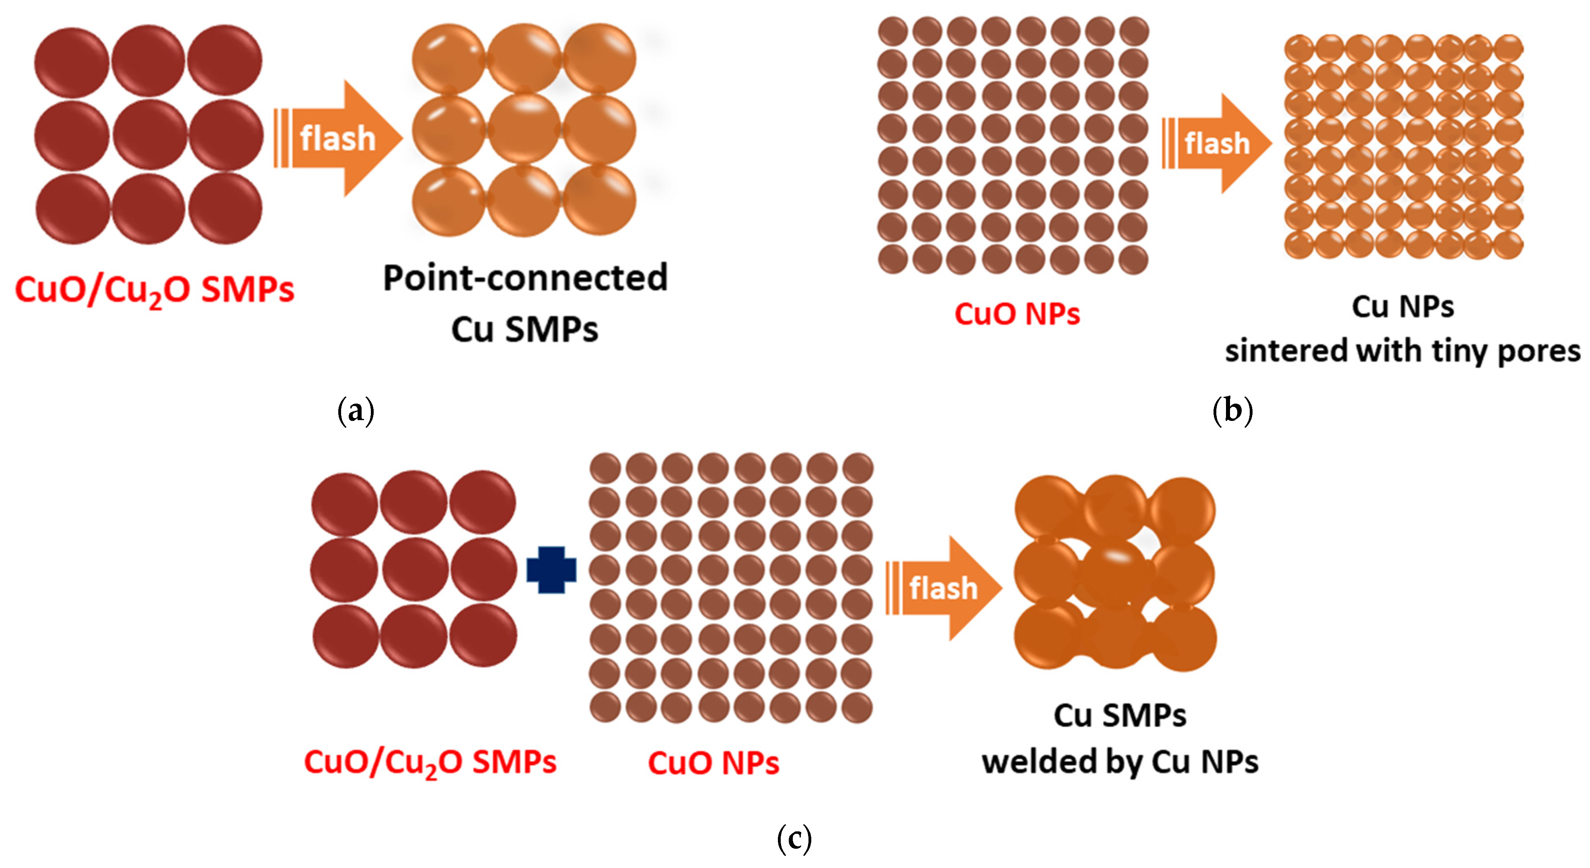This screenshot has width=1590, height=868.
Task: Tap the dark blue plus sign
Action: [x=551, y=570]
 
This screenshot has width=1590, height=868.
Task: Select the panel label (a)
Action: [x=356, y=410]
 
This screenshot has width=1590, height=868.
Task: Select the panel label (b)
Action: [x=1232, y=410]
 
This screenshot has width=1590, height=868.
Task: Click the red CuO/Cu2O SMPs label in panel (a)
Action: [x=154, y=290]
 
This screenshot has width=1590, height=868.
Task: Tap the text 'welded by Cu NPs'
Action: [x=1120, y=762]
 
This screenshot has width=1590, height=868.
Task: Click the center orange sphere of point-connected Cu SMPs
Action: [x=525, y=131]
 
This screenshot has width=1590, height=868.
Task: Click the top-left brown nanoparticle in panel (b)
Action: [x=893, y=31]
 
